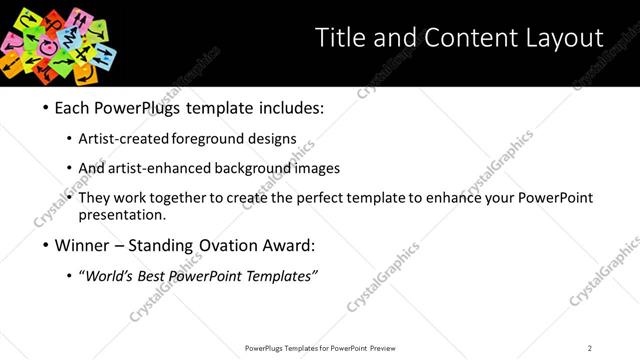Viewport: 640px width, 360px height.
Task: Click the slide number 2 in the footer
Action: (589, 348)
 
